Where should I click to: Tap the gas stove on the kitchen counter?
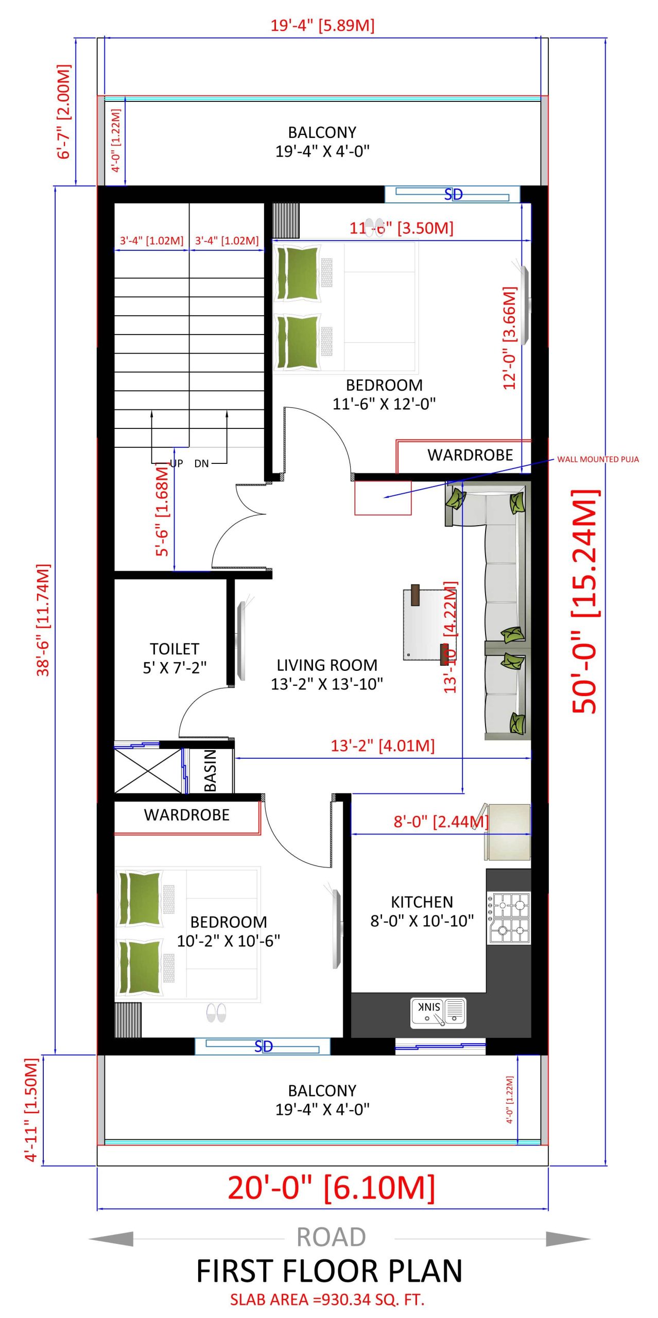click(508, 919)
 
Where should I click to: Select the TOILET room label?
click(175, 649)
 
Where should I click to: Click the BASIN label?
click(210, 770)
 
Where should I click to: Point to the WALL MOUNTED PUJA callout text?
click(598, 459)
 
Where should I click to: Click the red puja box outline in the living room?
click(383, 498)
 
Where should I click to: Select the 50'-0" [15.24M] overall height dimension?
click(585, 601)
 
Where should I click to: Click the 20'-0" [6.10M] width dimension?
click(331, 1188)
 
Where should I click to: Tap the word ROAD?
click(331, 1237)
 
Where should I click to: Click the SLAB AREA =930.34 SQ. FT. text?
click(327, 1299)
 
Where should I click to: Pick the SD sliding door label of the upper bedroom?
click(453, 195)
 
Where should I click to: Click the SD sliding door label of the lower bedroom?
click(263, 1047)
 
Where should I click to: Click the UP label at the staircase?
click(177, 463)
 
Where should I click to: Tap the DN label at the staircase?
click(201, 463)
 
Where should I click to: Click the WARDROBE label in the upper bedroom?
click(470, 455)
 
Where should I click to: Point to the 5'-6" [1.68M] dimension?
click(162, 510)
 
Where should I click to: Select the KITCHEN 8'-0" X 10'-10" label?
click(422, 911)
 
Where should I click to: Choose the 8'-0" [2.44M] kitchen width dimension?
click(441, 822)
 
